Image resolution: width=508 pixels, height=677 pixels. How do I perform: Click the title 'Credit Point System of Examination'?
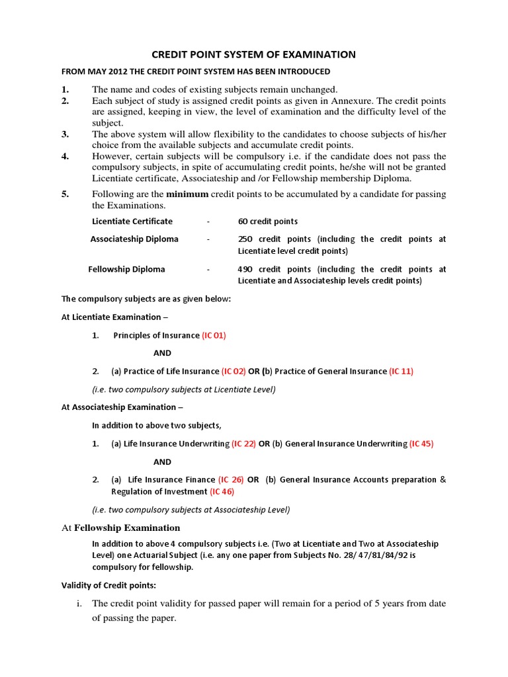[254, 55]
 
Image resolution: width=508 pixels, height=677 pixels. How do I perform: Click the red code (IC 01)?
[214, 335]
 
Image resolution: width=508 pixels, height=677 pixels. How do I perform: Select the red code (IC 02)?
[233, 371]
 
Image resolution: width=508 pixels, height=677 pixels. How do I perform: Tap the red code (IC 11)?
[401, 371]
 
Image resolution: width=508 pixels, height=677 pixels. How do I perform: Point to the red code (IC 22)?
[243, 444]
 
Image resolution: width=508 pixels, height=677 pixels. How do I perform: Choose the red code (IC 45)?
[421, 444]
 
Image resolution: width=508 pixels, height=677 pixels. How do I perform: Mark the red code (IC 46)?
[222, 491]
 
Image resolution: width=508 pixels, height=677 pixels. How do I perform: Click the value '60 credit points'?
[268, 221]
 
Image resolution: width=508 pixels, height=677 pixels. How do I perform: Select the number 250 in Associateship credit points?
[245, 239]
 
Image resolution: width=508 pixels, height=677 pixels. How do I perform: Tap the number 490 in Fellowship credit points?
[245, 269]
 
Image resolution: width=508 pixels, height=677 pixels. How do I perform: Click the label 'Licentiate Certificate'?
[132, 221]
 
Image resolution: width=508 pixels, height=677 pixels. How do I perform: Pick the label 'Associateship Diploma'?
[134, 239]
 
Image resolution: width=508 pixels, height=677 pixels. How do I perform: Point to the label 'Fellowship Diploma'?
[127, 269]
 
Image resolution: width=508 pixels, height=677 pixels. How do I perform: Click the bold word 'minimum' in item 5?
[187, 194]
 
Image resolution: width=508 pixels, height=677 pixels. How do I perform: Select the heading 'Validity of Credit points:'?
[109, 585]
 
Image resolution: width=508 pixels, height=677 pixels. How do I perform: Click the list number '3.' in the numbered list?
[65, 134]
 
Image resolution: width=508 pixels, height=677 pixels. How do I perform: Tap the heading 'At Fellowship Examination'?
[120, 528]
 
